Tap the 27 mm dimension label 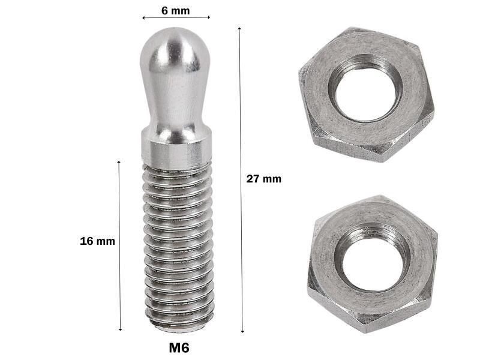point(263,179)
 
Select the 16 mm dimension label point(97,241)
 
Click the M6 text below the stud point(179,347)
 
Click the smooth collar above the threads point(177,147)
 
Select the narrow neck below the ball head point(175,111)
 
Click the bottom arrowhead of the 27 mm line point(242,331)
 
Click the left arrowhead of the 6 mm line point(144,18)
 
